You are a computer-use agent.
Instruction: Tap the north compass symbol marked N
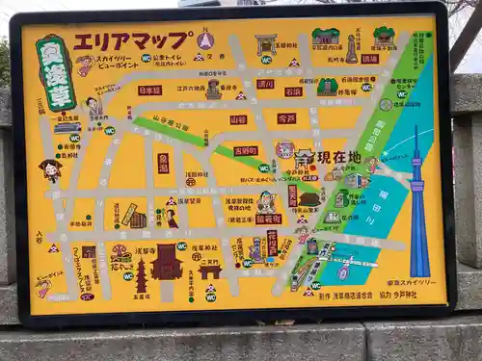(204, 40)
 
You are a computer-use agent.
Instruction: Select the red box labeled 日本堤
(149, 90)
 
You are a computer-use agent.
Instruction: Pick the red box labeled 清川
(265, 84)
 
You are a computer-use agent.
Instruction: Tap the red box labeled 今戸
(286, 118)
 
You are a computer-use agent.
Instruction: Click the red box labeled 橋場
(370, 59)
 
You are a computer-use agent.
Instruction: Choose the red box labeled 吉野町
(246, 151)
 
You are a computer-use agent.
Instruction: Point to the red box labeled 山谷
(238, 120)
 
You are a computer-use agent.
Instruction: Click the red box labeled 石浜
(293, 92)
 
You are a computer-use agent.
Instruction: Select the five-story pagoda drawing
(141, 275)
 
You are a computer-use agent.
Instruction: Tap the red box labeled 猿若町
(268, 219)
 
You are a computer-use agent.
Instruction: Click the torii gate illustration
(265, 44)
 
